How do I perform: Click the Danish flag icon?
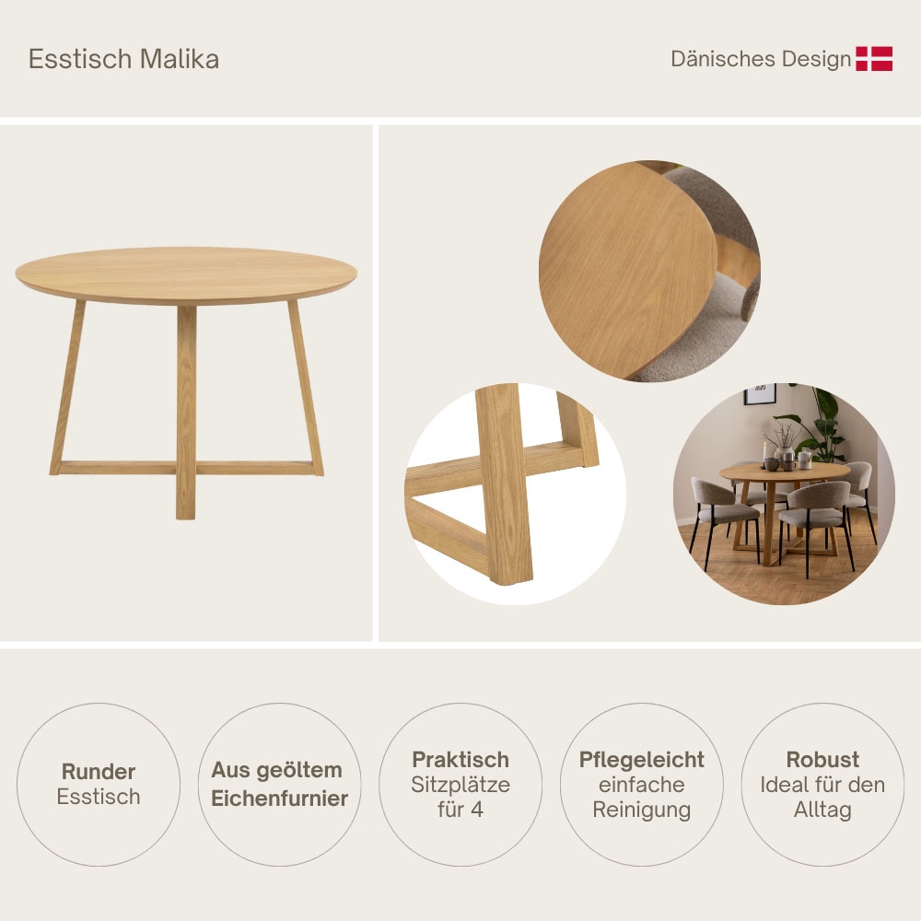point(874,59)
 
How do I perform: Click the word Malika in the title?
point(180,59)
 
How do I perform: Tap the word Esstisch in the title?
point(81,59)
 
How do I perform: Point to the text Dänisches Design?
point(761,59)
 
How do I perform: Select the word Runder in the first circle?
point(99,772)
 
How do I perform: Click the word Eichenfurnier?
point(280,799)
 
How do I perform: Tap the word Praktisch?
point(460,760)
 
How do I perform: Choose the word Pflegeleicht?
point(642,760)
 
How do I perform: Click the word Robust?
point(822,760)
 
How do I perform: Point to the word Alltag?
point(822,810)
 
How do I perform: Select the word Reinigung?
point(642,810)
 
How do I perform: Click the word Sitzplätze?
point(460,786)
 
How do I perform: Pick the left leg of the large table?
point(68,387)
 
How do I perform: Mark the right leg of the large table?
point(306,387)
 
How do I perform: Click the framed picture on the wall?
point(760,394)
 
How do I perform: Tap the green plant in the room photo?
point(822,424)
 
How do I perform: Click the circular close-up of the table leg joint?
point(511,493)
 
